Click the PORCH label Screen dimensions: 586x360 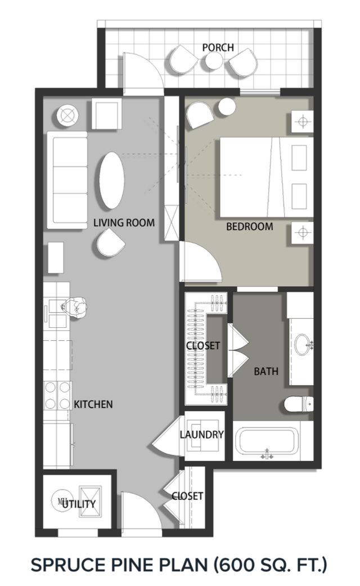[x=218, y=48]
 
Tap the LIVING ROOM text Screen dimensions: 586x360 [x=124, y=223]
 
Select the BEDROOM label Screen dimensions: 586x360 [x=249, y=227]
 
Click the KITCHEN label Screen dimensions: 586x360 [x=93, y=404]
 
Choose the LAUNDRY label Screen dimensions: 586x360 [x=201, y=434]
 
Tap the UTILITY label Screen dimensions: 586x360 [x=79, y=504]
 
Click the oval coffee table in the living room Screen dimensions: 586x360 [x=111, y=181]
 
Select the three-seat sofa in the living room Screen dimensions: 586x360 [x=66, y=180]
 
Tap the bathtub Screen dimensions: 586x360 [x=266, y=443]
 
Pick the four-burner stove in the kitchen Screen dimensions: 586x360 [x=58, y=396]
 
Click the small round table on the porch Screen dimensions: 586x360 [x=214, y=62]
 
